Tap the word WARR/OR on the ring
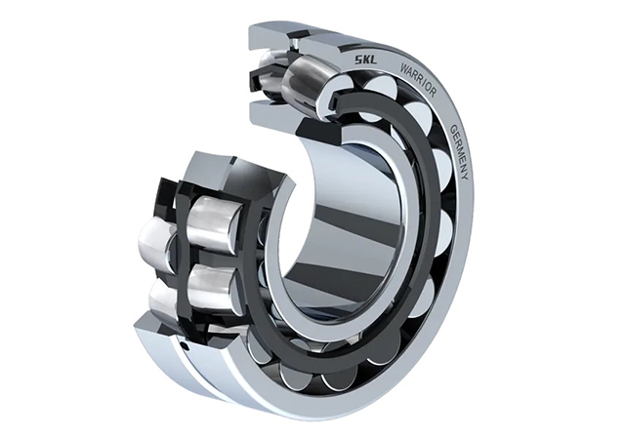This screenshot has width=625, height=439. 419,79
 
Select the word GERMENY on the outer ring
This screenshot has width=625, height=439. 458,152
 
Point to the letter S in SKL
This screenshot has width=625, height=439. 358,60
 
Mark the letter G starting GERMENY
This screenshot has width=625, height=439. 453,129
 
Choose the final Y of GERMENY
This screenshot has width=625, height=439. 464,176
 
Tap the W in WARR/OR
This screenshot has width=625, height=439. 404,67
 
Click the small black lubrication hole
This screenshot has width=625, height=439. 184,344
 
